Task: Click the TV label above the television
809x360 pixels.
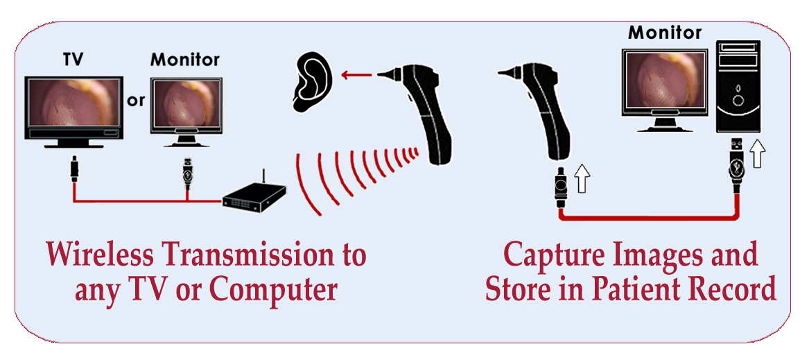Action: [x=73, y=60]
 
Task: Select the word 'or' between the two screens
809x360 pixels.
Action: [x=136, y=101]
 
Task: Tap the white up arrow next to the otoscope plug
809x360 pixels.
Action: [x=582, y=182]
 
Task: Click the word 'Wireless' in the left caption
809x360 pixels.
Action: [x=102, y=255]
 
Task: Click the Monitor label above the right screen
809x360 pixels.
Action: [x=664, y=32]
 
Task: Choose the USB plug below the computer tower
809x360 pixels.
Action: [x=738, y=166]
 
